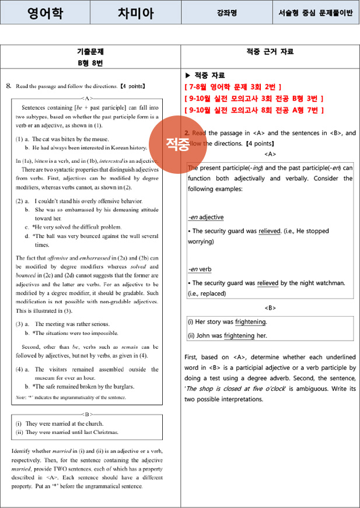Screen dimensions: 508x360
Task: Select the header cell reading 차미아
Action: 136,13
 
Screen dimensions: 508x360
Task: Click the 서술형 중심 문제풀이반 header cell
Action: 316,13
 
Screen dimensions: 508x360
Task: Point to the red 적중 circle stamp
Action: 177,144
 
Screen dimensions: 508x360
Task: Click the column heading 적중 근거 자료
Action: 270,52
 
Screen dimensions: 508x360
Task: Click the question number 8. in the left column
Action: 9,86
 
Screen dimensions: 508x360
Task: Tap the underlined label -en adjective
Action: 205,217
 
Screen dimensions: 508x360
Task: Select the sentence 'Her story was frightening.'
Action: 228,322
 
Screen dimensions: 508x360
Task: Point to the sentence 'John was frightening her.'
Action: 227,335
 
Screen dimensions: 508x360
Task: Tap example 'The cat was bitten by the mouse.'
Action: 68,139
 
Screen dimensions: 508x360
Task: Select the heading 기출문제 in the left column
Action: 90,52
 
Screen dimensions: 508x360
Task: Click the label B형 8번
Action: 90,62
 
